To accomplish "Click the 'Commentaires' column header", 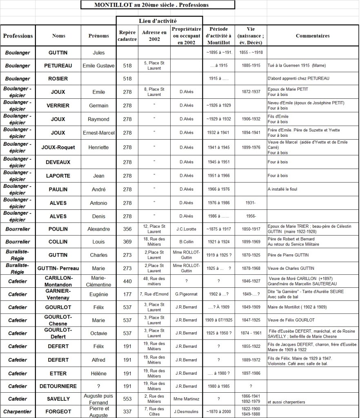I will [x=312, y=36].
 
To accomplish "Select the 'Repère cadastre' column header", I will [x=127, y=36].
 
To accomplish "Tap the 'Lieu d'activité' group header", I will [x=159, y=21].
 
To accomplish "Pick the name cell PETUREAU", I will [x=58, y=65].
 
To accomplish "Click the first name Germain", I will [x=99, y=105].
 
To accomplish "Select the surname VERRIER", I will [x=58, y=105].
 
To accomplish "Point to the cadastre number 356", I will [x=127, y=229].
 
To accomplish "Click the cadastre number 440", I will [x=127, y=281].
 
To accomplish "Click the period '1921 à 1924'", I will [x=218, y=242].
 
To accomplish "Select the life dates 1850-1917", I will [x=251, y=229].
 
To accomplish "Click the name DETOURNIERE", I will [x=58, y=386].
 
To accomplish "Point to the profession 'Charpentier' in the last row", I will [x=18, y=411].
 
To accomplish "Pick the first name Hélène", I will [x=99, y=373].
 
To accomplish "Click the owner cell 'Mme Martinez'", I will [x=187, y=399].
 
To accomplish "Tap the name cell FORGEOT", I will [x=58, y=411].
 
